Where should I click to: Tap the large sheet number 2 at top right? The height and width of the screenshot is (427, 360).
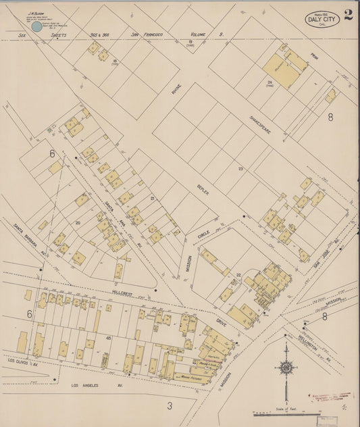coord(348,16)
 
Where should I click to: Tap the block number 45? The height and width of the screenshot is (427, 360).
coord(107,336)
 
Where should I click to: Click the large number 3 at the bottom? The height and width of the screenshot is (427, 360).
coord(170,405)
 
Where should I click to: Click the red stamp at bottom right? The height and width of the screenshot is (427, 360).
coord(331,396)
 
